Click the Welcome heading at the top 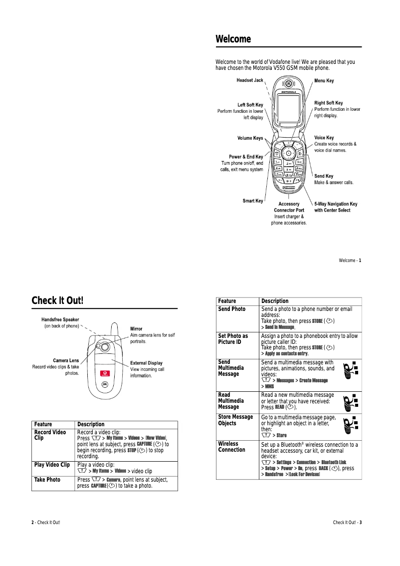click(x=233, y=39)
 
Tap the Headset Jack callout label click(x=249, y=80)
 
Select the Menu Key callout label click(x=324, y=80)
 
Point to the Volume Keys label click(x=250, y=138)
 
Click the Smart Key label click(x=253, y=201)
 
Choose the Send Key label click(x=324, y=176)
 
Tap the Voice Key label click(x=324, y=138)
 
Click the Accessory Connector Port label click(x=289, y=207)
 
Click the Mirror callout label click(x=136, y=329)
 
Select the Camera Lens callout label click(x=66, y=360)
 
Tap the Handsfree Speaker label click(x=60, y=319)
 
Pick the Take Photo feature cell click(x=47, y=480)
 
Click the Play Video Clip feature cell click(x=52, y=465)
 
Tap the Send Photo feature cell click(x=232, y=309)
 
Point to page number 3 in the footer click(x=361, y=523)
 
